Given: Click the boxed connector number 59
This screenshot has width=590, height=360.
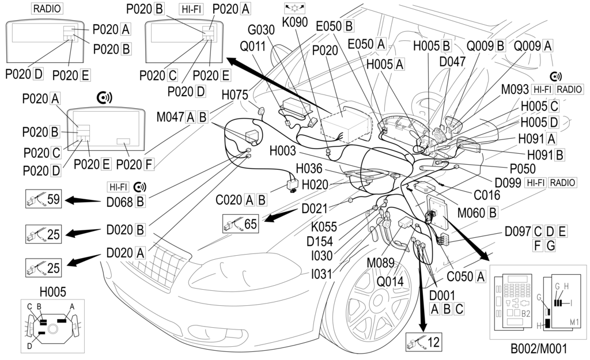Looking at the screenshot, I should tap(53, 200).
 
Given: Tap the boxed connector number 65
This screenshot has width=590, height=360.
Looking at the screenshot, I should tap(250, 223).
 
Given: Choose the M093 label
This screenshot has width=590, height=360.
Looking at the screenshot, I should tap(515, 89).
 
